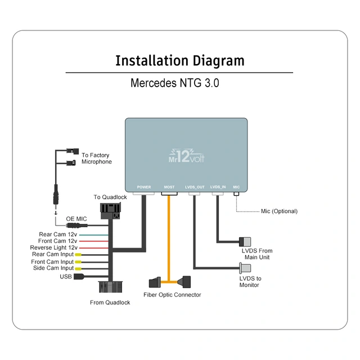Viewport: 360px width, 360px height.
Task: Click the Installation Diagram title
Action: (x=179, y=61)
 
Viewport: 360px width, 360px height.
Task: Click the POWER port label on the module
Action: (x=144, y=187)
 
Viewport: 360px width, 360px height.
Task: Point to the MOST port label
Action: (x=169, y=187)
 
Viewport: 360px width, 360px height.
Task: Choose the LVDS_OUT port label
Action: (x=194, y=187)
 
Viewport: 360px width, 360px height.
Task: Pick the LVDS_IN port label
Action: (x=218, y=187)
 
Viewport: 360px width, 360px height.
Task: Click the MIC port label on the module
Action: (x=236, y=187)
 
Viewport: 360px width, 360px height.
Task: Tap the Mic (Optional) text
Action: (x=279, y=211)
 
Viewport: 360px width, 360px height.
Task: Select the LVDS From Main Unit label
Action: (x=257, y=254)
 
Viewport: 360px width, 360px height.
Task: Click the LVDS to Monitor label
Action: (x=250, y=282)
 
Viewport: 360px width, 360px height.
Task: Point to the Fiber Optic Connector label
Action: (x=172, y=295)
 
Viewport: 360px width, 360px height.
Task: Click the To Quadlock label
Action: (x=110, y=197)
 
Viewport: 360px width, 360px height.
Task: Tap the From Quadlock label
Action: (x=110, y=303)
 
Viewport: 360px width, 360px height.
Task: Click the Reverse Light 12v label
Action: (x=53, y=247)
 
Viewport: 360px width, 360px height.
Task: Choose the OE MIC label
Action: (x=76, y=219)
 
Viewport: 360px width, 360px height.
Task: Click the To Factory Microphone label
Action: (x=96, y=159)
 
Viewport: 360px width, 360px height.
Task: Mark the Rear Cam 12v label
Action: (x=57, y=234)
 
